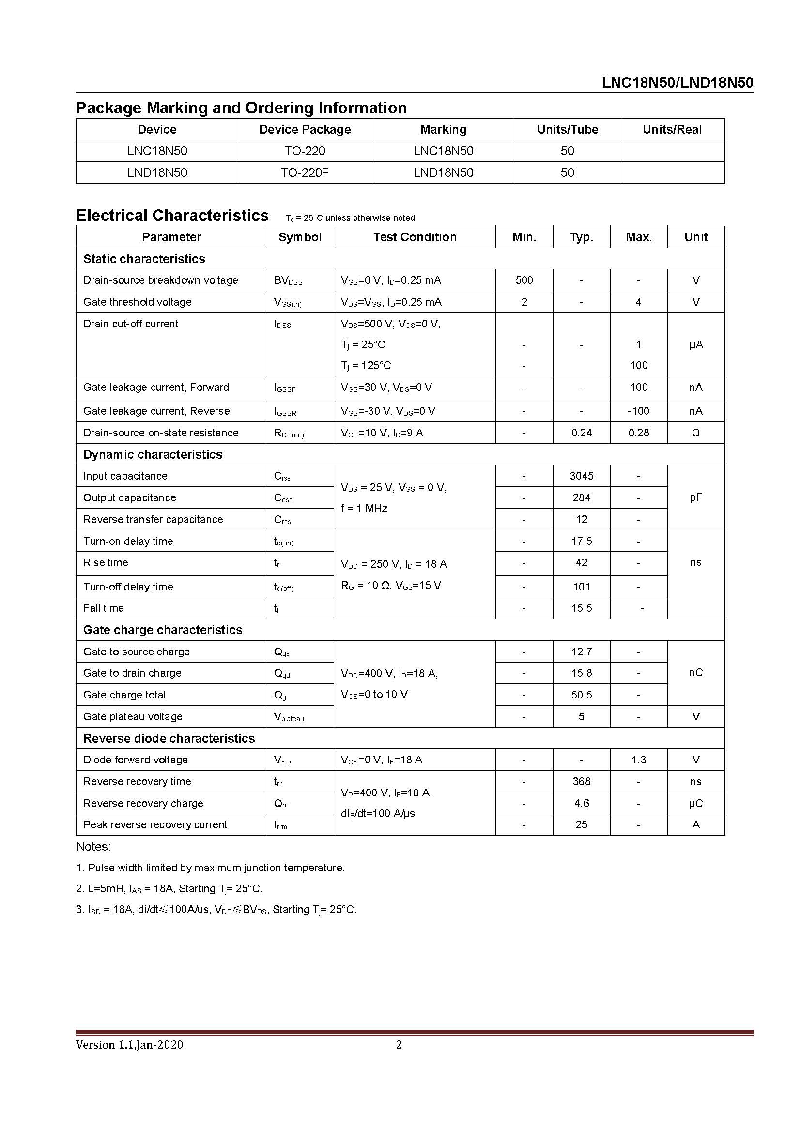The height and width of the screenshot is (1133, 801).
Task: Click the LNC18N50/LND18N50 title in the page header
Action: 677,83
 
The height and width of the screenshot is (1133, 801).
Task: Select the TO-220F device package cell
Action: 304,173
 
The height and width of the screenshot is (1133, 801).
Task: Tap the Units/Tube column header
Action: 567,129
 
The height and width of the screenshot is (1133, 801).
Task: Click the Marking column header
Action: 443,129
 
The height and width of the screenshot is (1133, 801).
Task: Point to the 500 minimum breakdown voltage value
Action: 524,280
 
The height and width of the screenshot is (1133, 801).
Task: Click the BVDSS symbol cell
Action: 288,281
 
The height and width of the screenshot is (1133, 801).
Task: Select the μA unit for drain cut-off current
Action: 695,344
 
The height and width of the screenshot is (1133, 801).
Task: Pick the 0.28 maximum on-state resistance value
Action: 638,433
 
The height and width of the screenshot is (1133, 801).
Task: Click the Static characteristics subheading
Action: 144,259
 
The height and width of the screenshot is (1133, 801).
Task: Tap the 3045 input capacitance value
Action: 582,476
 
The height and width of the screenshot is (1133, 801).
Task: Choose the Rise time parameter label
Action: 106,562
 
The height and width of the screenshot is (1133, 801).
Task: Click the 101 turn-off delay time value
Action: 582,587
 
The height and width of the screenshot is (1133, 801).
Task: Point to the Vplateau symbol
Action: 289,717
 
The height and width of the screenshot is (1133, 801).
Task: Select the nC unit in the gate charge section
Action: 695,673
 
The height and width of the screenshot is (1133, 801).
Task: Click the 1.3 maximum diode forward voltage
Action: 638,760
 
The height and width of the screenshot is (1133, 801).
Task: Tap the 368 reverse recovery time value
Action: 582,781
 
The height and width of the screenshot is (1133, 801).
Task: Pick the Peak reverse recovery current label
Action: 155,824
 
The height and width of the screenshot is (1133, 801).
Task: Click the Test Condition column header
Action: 415,237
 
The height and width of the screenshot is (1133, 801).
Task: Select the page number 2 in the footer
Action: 399,1044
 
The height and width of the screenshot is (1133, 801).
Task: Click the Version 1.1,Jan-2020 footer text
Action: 129,1044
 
